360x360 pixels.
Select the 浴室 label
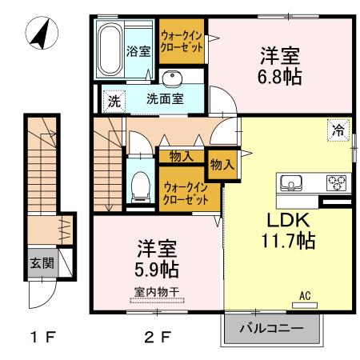point(138,52)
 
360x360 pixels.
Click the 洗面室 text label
point(164,102)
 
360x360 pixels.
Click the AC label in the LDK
point(304,296)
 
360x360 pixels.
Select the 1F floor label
point(41,336)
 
